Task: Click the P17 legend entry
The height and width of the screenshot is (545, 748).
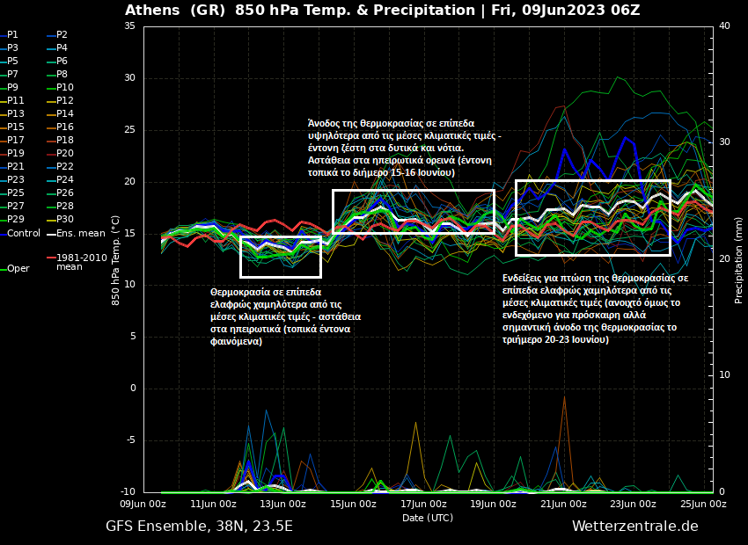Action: pos(16,141)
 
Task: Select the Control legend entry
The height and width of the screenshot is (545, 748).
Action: pos(23,233)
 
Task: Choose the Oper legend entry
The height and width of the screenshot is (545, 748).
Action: pos(18,269)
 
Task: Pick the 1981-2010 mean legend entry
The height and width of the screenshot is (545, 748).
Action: pos(81,262)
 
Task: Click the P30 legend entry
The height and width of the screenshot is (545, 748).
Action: pos(65,220)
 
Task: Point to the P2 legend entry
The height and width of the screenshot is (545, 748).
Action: pos(62,35)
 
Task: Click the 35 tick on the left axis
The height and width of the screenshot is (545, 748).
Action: pos(129,26)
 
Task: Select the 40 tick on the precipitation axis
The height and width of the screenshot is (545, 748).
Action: pos(724,26)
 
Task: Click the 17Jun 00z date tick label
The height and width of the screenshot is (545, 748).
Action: pos(422,505)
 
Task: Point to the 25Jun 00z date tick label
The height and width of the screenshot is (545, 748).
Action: pos(702,505)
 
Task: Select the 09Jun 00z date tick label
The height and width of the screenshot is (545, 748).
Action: pos(143,505)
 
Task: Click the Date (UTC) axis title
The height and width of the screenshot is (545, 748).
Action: pos(428,518)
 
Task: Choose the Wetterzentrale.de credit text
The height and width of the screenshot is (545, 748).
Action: pos(634,527)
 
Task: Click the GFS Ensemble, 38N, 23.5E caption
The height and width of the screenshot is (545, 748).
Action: pos(199,527)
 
